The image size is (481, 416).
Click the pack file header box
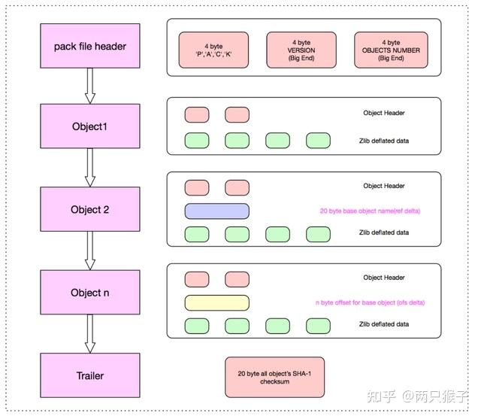click(x=89, y=47)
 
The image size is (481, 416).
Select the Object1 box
click(x=89, y=126)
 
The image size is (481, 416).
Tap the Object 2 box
click(x=89, y=209)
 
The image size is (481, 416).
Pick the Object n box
click(x=89, y=293)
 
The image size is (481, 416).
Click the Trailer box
click(x=89, y=375)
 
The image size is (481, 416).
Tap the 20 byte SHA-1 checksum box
click(x=274, y=377)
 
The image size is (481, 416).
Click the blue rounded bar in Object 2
click(x=217, y=211)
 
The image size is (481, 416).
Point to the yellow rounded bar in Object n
click(x=217, y=302)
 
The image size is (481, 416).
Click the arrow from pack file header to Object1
click(x=90, y=86)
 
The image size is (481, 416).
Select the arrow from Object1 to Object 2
click(x=90, y=168)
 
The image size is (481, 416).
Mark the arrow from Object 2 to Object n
click(x=90, y=251)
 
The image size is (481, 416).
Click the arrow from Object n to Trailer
click(x=90, y=333)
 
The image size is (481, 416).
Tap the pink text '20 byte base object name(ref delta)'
click(x=370, y=211)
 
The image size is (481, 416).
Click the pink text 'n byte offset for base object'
click(x=371, y=302)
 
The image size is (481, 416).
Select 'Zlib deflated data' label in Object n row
click(x=383, y=324)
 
